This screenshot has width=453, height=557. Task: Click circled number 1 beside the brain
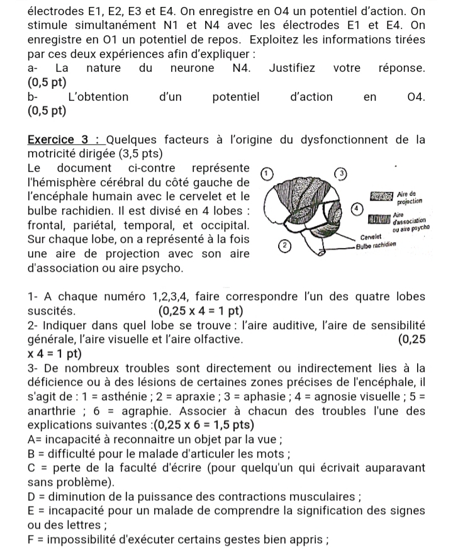(266, 171)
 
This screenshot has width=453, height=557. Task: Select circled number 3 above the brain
(340, 172)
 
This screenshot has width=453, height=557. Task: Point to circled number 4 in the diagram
(355, 207)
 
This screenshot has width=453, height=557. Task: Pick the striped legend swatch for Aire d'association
(380, 219)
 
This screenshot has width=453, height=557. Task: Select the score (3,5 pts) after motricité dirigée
(140, 153)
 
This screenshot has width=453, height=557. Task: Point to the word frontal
(48, 224)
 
